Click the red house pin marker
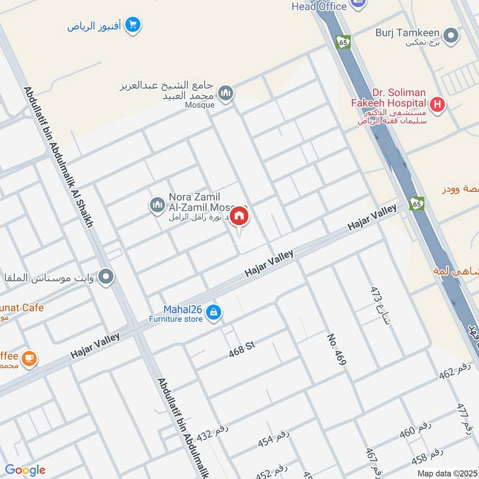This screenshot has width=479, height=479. click(239, 216)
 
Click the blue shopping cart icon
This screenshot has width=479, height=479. click(134, 25)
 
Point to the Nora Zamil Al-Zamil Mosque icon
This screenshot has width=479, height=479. click(157, 205)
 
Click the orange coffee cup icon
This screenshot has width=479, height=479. click(28, 359)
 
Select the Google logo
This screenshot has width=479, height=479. click(25, 470)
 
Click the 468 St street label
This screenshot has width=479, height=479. click(242, 351)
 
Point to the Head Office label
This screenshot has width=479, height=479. click(319, 6)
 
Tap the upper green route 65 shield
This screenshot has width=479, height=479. click(344, 43)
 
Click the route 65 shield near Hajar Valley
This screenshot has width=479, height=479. click(417, 203)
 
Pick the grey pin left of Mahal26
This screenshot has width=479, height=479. click(107, 277)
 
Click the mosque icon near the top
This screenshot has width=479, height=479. click(226, 93)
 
